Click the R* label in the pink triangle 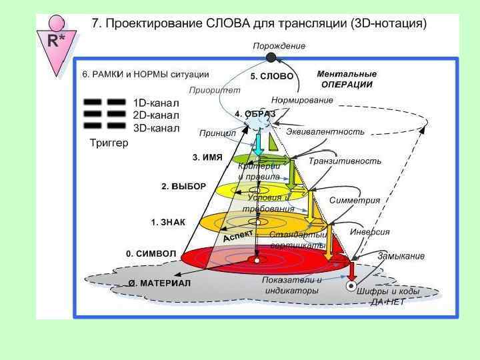click(56, 41)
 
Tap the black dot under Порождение click(271, 57)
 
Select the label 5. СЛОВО click(272, 77)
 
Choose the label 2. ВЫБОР click(183, 187)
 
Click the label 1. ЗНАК click(167, 221)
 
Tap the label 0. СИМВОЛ click(151, 254)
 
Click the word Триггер click(108, 143)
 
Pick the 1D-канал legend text click(156, 103)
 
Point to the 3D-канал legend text click(156, 127)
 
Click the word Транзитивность click(345, 161)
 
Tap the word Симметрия click(355, 200)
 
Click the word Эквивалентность click(325, 132)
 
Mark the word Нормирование click(302, 100)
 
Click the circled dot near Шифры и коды click(351, 287)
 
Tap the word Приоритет click(215, 90)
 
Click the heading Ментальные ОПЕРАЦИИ click(347, 79)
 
